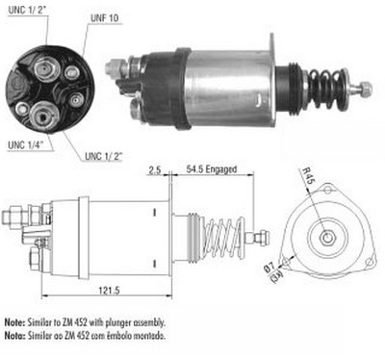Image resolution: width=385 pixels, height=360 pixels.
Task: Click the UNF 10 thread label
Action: pyautogui.click(x=104, y=18)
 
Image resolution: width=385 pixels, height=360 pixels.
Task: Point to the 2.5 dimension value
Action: pyautogui.click(x=155, y=169)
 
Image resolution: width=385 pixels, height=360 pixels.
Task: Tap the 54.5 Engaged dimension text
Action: pyautogui.click(x=212, y=169)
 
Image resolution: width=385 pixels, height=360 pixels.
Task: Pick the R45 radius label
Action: pyautogui.click(x=308, y=176)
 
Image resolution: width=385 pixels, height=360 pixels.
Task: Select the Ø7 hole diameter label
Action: pyautogui.click(x=270, y=267)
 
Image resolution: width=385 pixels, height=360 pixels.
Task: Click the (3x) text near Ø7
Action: pyautogui.click(x=276, y=276)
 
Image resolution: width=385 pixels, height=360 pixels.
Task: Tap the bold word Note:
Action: pyautogui.click(x=14, y=321)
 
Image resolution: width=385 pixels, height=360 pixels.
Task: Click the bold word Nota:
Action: pyautogui.click(x=14, y=335)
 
